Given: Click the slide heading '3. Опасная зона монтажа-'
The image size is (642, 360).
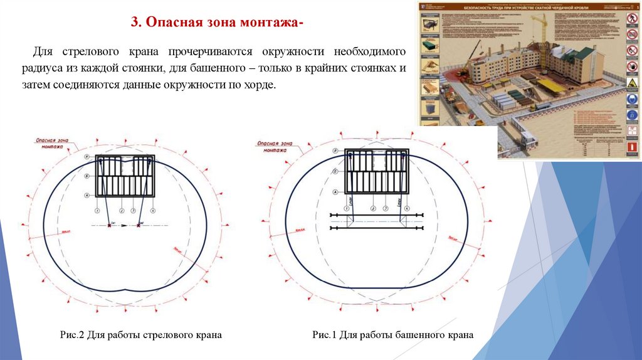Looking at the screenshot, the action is coord(216,22).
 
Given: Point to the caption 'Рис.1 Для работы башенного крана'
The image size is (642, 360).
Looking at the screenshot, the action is coord(392,336).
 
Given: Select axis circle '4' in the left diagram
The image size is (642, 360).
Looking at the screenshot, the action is coord(152,210).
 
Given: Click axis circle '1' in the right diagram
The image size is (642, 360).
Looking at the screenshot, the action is coord(346,208).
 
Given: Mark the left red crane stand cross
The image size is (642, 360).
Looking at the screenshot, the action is coord(110,225).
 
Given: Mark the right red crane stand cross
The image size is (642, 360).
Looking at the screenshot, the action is coord(139,225).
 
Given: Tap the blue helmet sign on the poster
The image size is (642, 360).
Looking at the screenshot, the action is coord(631,100).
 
